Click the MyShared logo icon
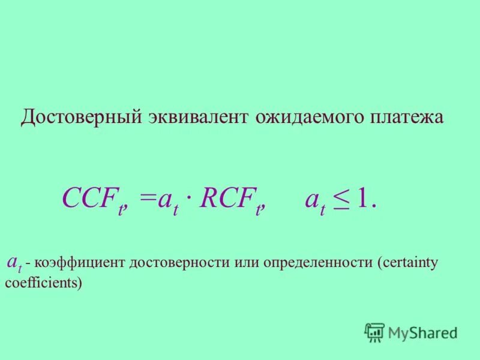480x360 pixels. pos(374,332)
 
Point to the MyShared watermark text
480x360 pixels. pos(422,332)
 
